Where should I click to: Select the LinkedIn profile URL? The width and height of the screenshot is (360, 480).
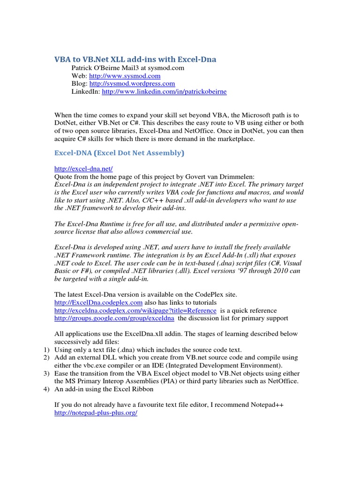click(x=164, y=91)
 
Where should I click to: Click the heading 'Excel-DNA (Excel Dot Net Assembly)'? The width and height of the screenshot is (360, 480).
click(x=120, y=153)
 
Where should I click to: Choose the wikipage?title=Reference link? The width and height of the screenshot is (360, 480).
click(x=135, y=310)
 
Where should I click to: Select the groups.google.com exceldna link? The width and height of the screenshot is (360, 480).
click(x=114, y=318)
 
